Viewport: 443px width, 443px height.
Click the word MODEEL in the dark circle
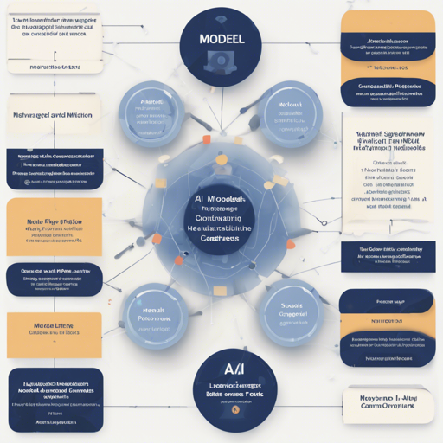click(x=221, y=41)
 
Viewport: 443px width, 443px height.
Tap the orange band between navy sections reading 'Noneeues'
click(x=387, y=320)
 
